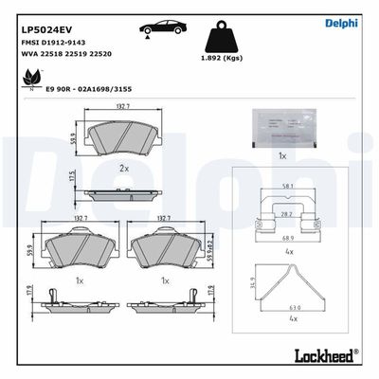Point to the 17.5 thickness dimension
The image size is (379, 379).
[72, 180]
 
